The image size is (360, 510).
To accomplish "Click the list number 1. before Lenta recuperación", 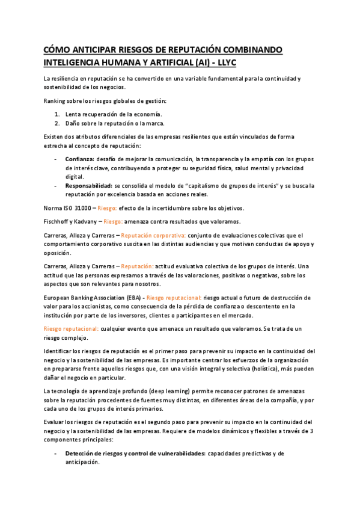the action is tap(56, 114).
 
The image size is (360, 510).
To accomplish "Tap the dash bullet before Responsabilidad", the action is tap(56, 186).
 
